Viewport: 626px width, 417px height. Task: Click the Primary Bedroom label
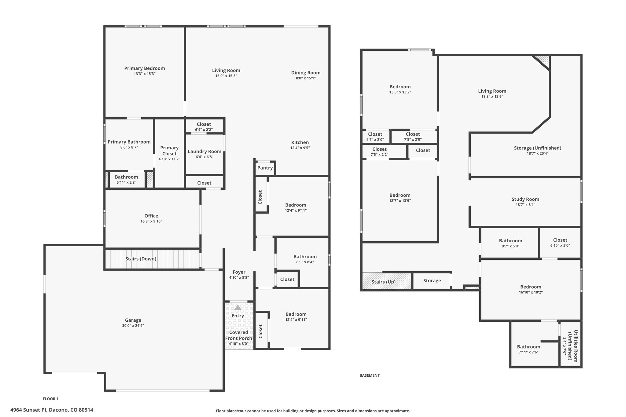point(145,68)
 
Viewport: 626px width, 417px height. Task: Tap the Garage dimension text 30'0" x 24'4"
point(133,326)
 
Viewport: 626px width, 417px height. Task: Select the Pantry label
point(265,168)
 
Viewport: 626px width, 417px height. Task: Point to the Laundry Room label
point(204,152)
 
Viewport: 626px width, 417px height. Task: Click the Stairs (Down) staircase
point(153,259)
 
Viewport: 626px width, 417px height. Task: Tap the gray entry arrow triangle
point(238,307)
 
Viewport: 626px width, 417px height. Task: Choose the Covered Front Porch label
point(239,335)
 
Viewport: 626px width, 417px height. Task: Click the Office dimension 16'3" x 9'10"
point(151,221)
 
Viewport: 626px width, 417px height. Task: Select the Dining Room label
point(306,73)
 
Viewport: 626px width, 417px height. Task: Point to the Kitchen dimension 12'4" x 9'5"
point(300,148)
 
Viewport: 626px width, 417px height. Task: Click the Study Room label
point(525,199)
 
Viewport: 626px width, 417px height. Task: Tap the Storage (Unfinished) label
point(537,148)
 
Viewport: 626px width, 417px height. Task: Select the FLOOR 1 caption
point(50,399)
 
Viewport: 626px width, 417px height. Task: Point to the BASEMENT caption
point(370,375)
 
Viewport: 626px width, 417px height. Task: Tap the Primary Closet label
point(169,151)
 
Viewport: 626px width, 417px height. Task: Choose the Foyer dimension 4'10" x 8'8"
point(239,278)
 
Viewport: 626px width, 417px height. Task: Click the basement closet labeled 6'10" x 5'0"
point(560,243)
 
